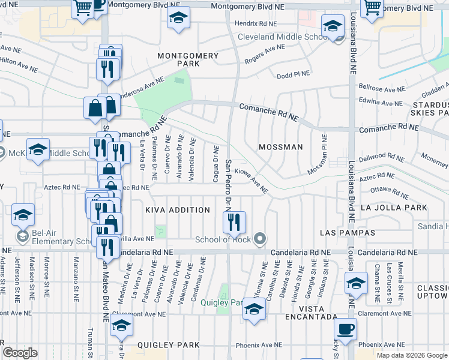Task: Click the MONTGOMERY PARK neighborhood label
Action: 188,59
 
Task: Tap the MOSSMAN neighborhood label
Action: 280,147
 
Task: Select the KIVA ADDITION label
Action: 178,210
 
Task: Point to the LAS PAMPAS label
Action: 348,232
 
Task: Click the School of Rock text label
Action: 221,240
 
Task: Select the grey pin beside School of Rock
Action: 259,239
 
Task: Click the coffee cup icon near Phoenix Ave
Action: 345,329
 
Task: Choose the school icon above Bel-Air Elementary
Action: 23,214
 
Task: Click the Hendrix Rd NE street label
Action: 256,23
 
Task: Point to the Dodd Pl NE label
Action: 293,75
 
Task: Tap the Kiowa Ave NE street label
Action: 251,181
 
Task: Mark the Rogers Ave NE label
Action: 264,55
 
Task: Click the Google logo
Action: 20,353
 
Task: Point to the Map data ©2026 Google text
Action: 412,355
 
